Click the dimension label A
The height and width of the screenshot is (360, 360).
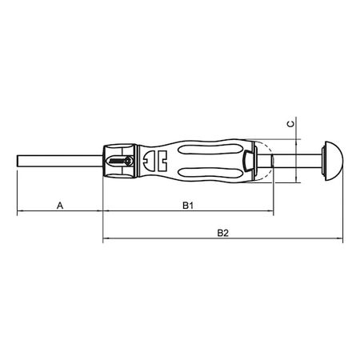click(x=60, y=206)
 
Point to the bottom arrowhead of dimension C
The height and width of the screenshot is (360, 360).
click(x=297, y=178)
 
